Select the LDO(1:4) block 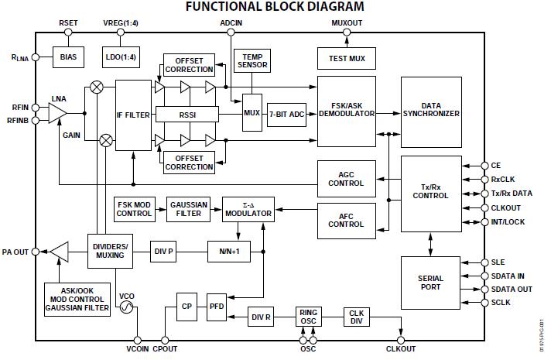[x=119, y=56]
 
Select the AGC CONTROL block [x=346, y=178]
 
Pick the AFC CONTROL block [x=346, y=219]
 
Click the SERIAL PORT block [x=430, y=281]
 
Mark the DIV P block [x=164, y=251]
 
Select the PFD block [x=216, y=307]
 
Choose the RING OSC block [x=308, y=317]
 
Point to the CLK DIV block [x=356, y=317]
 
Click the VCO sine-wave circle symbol [x=125, y=307]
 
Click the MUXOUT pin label [x=346, y=23]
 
